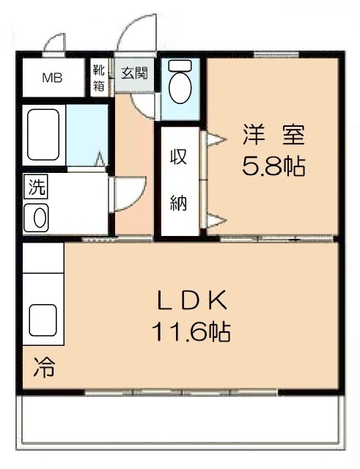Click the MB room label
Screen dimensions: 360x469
pyautogui.click(x=52, y=78)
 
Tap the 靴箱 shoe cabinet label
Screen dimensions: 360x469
pyautogui.click(x=99, y=78)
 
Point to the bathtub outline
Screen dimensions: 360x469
pyautogui.click(x=43, y=135)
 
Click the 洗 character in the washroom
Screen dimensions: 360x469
pyautogui.click(x=37, y=187)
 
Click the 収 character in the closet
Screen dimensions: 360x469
pyautogui.click(x=179, y=156)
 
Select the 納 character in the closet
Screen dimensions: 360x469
pyautogui.click(x=178, y=203)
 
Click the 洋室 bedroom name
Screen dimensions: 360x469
pyautogui.click(x=273, y=135)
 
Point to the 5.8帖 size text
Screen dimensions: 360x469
pyautogui.click(x=273, y=166)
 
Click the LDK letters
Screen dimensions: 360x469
pyautogui.click(x=192, y=300)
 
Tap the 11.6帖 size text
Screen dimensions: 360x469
pyautogui.click(x=191, y=331)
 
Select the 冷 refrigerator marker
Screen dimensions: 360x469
pyautogui.click(x=44, y=367)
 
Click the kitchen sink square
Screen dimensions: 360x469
pyautogui.click(x=43, y=320)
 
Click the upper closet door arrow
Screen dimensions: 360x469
pyautogui.click(x=216, y=140)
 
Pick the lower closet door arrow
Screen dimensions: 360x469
pyautogui.click(x=216, y=221)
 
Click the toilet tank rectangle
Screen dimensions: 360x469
pyautogui.click(x=180, y=66)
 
